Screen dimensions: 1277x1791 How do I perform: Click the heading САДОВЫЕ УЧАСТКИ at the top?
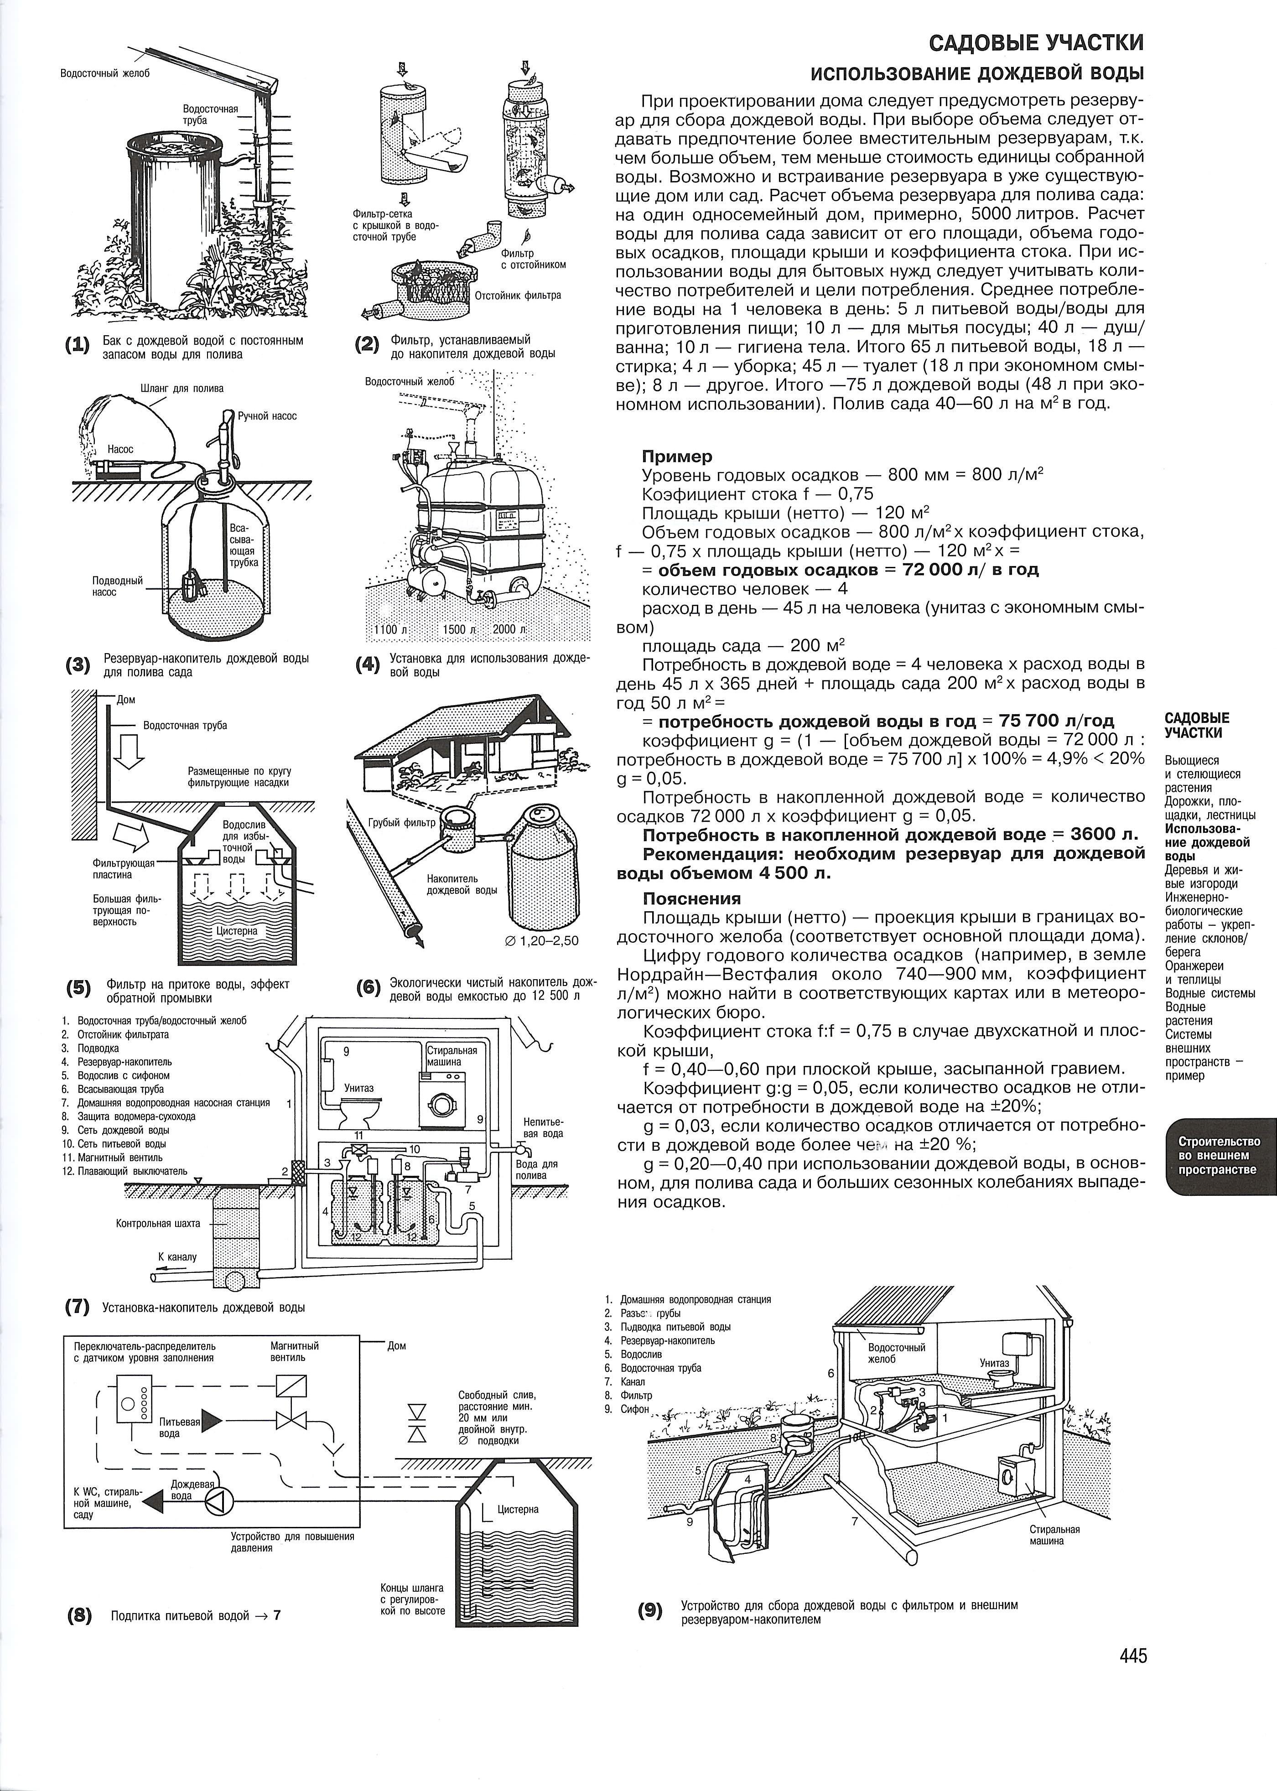[1036, 42]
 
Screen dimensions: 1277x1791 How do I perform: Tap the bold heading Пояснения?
[692, 898]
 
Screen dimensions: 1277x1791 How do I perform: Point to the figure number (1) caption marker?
[78, 347]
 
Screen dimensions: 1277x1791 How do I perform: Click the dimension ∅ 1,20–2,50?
[539, 940]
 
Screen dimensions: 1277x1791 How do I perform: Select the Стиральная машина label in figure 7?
[452, 1056]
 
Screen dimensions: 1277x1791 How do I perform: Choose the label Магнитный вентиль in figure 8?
[294, 1351]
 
